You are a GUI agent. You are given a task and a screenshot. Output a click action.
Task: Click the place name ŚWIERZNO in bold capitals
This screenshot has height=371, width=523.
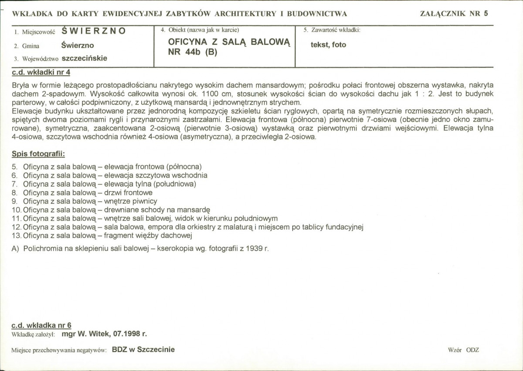pos(94,31)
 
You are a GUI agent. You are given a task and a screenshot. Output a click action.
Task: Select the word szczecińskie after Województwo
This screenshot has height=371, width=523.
pos(85,58)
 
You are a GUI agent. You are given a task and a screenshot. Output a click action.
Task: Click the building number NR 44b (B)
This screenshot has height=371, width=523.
pos(192,51)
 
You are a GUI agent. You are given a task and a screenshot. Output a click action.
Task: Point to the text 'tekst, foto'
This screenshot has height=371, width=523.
pos(329,44)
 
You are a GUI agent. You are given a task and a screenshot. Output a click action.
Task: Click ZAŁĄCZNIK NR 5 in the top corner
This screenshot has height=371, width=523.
pos(454,13)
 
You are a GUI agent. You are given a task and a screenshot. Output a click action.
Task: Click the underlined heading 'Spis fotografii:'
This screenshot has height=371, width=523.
pos(38,155)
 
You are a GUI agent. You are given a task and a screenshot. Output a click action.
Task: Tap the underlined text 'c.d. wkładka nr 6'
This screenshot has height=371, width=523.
pos(41,325)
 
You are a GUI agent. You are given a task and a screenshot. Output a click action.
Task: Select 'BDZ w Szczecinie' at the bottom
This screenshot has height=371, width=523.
pos(143,350)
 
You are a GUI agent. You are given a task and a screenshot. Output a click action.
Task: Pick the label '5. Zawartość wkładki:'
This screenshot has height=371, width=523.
pos(332,30)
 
